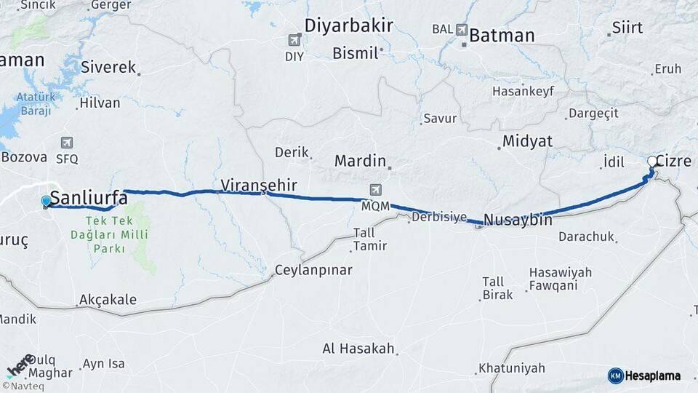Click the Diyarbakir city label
point(348,25)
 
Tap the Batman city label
point(502,35)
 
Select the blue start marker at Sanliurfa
point(47,201)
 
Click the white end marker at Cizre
point(653,162)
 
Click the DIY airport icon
point(294,40)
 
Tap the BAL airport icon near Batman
point(462,30)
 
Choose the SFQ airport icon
point(68,142)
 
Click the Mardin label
point(359,161)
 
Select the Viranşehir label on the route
point(258,185)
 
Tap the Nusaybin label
point(518,219)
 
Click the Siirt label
point(627,28)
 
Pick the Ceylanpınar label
point(313,270)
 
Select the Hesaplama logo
point(644,376)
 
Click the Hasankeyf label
point(523,92)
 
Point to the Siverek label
point(109,68)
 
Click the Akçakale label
point(108,300)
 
